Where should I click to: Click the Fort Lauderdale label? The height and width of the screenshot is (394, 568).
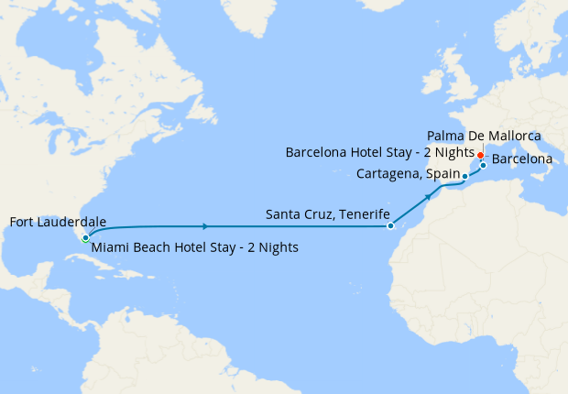(57, 222)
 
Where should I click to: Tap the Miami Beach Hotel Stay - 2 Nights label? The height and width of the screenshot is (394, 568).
(194, 246)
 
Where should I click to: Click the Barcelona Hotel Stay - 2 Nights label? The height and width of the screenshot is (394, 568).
(379, 152)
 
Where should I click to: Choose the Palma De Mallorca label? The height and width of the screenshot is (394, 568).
(484, 136)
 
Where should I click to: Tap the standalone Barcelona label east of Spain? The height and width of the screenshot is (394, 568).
(521, 159)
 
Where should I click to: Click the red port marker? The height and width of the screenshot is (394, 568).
(481, 155)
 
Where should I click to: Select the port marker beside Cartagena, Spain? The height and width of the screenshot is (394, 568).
(464, 176)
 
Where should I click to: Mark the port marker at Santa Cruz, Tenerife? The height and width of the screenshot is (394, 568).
(390, 225)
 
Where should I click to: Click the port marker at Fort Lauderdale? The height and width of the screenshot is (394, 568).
(85, 237)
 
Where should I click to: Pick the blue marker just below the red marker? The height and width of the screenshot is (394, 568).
(483, 165)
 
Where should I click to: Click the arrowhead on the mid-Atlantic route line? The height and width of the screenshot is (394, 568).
(205, 225)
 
